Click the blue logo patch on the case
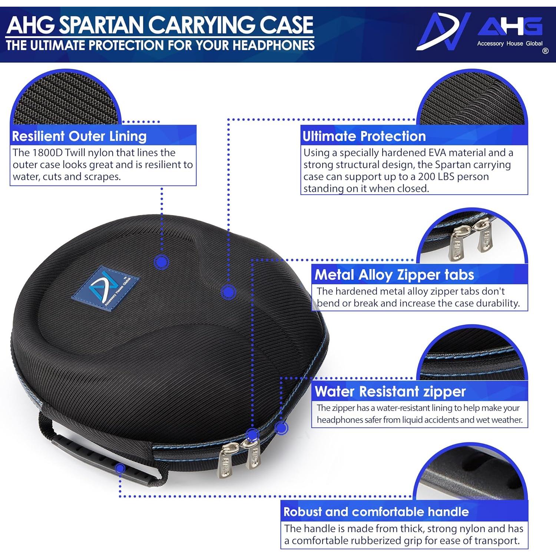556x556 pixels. pyautogui.click(x=105, y=288)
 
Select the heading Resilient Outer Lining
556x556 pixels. pyautogui.click(x=79, y=136)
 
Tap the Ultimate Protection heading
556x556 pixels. pyautogui.click(x=364, y=136)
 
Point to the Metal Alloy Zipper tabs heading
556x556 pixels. pyautogui.click(x=394, y=275)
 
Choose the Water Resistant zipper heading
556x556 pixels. pyautogui.click(x=390, y=391)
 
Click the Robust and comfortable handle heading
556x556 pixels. pyautogui.click(x=376, y=512)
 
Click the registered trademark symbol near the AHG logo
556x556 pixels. pyautogui.click(x=545, y=51)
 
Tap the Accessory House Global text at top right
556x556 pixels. pyautogui.click(x=510, y=43)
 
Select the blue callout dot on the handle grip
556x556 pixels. pyautogui.click(x=120, y=469)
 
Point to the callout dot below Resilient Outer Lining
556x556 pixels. pyautogui.click(x=161, y=262)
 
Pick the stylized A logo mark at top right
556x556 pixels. pyautogui.click(x=443, y=32)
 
